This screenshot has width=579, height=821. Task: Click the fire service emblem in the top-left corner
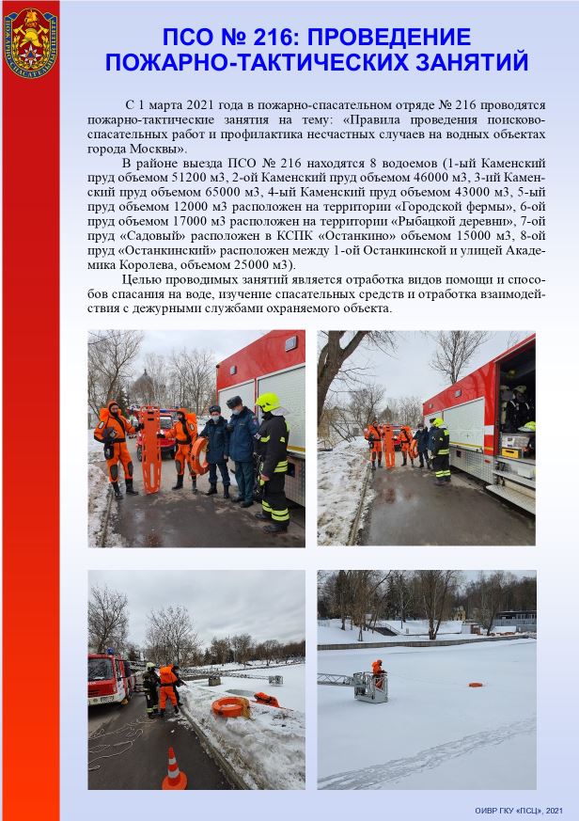pyautogui.click(x=29, y=32)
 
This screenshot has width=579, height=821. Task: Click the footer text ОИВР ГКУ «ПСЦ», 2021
pyautogui.click(x=519, y=811)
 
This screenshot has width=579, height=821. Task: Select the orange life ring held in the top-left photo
pyautogui.click(x=198, y=455)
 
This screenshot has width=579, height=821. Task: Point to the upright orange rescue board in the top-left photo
pyautogui.click(x=148, y=446)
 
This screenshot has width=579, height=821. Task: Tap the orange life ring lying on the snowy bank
pyautogui.click(x=229, y=706)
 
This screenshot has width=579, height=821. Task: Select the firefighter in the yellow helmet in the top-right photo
pyautogui.click(x=439, y=450)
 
